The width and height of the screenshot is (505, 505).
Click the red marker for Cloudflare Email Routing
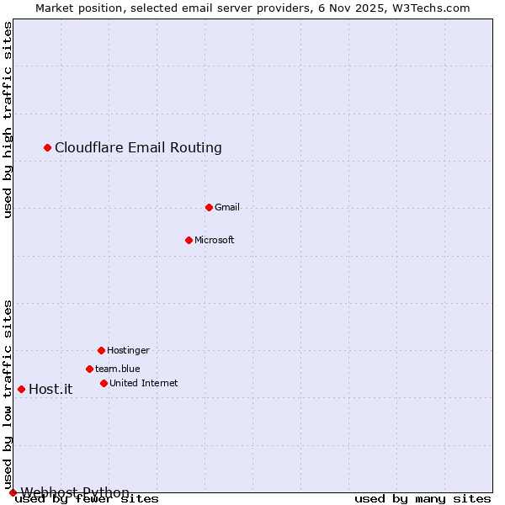coord(48,148)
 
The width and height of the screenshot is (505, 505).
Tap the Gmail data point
coord(209,207)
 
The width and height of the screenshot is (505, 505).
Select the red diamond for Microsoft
coord(189,240)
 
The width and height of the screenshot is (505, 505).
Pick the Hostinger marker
coord(101,350)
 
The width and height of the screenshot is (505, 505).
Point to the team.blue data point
coord(89,369)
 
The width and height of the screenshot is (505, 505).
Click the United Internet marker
coord(104,383)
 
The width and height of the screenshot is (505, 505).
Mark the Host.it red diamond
coord(21,389)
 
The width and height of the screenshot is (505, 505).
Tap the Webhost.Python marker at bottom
coord(13,492)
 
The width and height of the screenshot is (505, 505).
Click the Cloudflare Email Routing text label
coord(138,148)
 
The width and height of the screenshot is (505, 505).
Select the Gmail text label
coord(226,207)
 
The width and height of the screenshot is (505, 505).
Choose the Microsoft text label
coord(214,240)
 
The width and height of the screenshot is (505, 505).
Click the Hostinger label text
coord(128,350)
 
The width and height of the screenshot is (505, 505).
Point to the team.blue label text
coord(117,369)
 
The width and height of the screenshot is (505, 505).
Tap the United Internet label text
coord(143,383)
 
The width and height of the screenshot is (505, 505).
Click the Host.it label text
coord(50,389)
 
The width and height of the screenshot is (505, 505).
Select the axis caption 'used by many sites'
coord(423,499)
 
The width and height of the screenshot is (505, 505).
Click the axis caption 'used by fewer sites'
coord(88,499)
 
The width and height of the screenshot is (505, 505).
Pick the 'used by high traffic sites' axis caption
coord(8,120)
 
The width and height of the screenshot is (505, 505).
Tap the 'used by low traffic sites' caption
coord(8,394)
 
